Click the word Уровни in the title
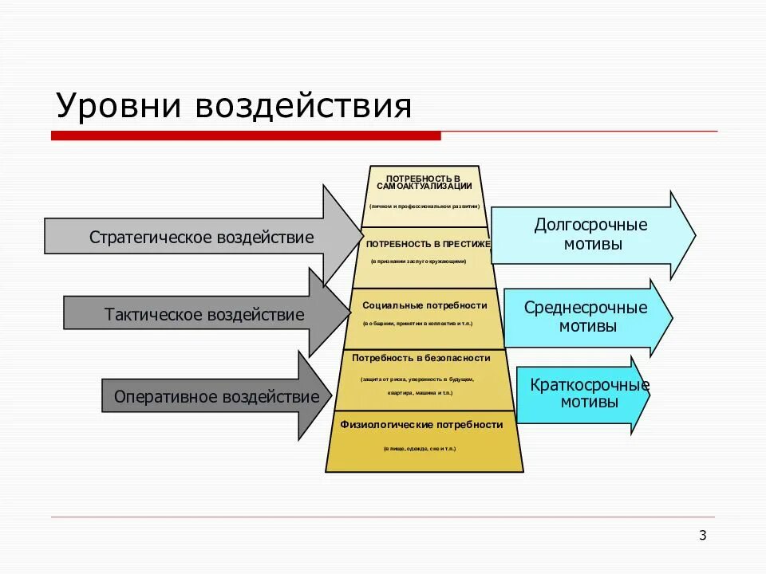click(116, 105)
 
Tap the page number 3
click(702, 535)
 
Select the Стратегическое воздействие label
click(201, 238)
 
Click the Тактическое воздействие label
click(204, 315)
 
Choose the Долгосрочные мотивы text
click(590, 234)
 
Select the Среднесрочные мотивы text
click(586, 317)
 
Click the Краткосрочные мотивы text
click(589, 394)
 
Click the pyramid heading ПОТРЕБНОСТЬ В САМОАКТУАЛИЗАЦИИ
click(424, 182)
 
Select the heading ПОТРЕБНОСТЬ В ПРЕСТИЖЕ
click(428, 244)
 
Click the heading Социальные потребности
click(424, 305)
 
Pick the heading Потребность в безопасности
click(421, 358)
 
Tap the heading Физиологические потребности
click(421, 425)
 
